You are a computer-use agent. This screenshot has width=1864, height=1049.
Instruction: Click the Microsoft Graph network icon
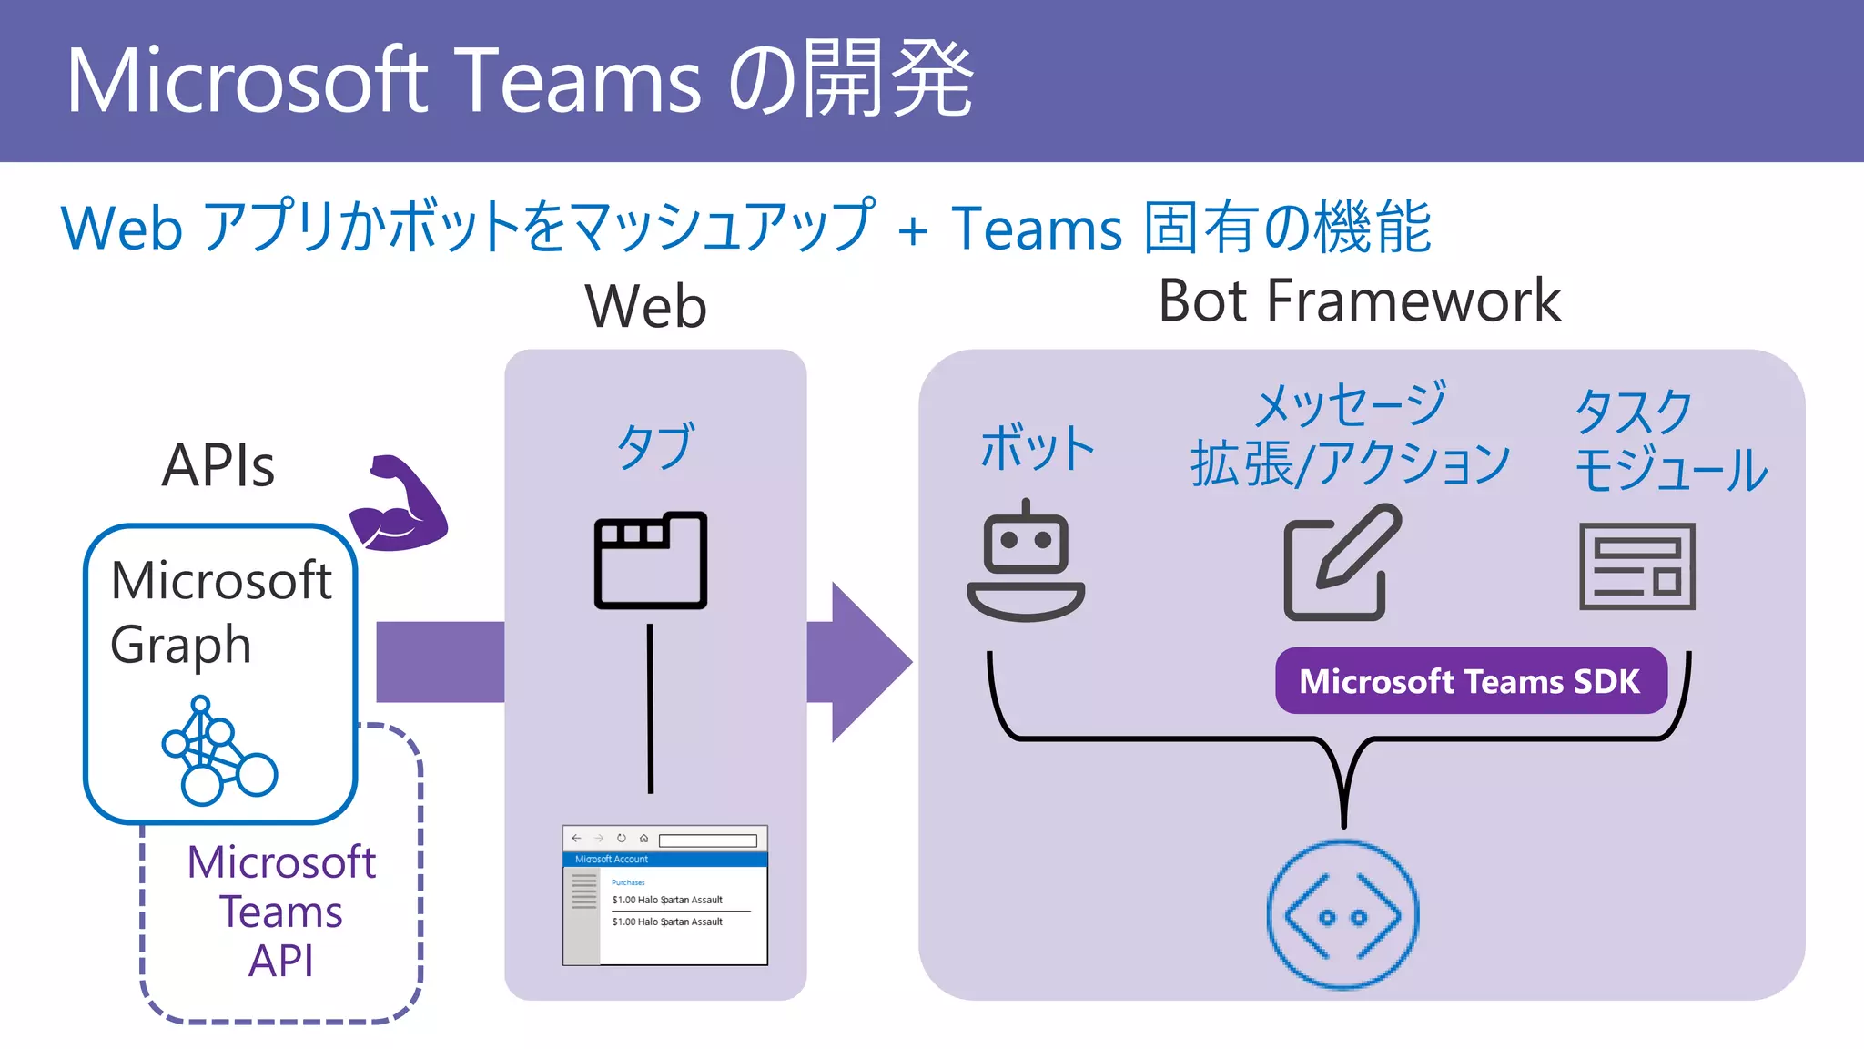tap(218, 751)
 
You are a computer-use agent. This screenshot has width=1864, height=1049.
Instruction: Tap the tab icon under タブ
tap(650, 560)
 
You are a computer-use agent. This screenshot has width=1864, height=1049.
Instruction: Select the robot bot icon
tap(1026, 562)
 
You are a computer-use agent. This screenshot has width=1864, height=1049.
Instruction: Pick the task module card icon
tap(1636, 565)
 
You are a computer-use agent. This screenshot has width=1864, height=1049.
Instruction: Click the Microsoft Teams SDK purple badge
tap(1470, 681)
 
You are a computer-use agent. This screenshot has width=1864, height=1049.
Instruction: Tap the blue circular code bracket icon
tap(1342, 915)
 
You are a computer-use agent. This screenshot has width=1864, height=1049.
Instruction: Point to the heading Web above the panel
tap(645, 306)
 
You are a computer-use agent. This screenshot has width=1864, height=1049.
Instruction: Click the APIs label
tap(218, 465)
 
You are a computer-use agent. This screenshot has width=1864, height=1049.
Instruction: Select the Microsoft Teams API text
tap(281, 911)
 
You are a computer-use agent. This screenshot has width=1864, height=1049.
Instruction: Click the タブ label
tap(655, 445)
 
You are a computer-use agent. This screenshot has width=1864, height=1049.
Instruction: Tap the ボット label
tap(1037, 448)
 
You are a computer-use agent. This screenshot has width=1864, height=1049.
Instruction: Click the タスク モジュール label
tap(1669, 440)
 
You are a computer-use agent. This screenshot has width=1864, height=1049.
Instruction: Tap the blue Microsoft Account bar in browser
tap(665, 859)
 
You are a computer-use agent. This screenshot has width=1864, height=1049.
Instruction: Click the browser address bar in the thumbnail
tap(707, 840)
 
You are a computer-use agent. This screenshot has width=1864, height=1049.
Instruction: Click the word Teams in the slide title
tap(577, 80)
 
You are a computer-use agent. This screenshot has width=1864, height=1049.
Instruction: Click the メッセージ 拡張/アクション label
tap(1350, 433)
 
